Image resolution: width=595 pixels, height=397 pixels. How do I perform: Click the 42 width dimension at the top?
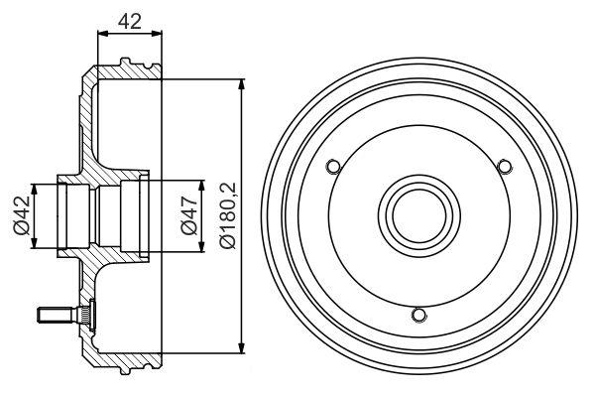(129, 17)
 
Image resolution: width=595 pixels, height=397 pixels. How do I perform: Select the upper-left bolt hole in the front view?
(334, 165)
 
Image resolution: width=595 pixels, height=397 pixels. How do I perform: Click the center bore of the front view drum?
(418, 214)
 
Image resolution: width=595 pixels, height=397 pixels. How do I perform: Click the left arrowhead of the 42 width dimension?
(101, 34)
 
